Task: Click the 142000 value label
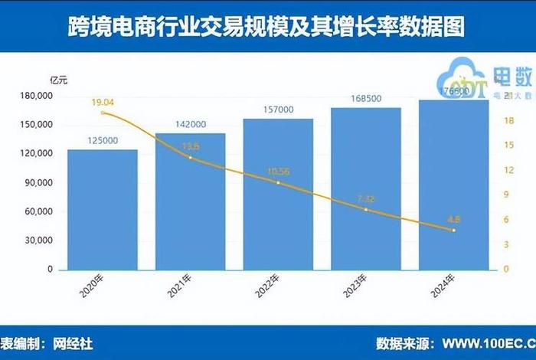[x=191, y=125]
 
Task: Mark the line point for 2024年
[x=453, y=230]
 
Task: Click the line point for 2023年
[x=366, y=209]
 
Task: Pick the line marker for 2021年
[x=191, y=158]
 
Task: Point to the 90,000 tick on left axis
[x=38, y=183]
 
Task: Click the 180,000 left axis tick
[x=35, y=96]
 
